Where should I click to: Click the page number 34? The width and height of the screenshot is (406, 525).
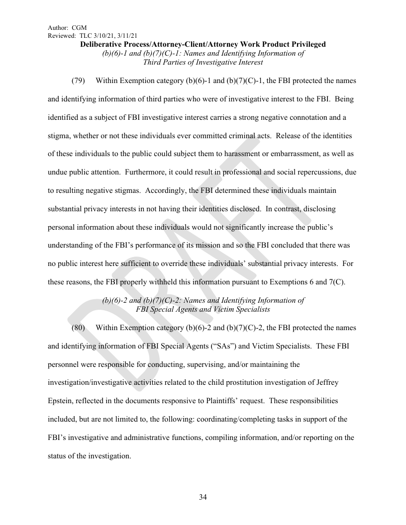(x=203, y=498)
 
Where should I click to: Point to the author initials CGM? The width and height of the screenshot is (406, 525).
(x=80, y=28)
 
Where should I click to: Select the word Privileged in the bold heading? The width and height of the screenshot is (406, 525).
(x=307, y=45)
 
